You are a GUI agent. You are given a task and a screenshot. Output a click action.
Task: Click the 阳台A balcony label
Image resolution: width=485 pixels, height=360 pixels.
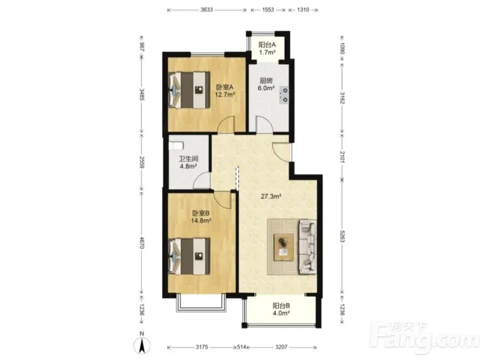(x=267, y=45)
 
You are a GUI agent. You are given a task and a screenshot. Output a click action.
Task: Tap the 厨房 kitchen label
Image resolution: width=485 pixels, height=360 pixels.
(x=266, y=81)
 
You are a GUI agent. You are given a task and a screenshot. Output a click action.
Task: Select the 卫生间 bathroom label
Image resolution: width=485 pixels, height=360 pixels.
(x=189, y=159)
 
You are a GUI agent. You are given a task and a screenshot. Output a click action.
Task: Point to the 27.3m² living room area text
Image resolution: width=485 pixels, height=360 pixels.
(x=271, y=196)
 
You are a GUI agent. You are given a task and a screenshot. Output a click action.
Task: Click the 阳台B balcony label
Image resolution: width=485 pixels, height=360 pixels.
(x=281, y=305)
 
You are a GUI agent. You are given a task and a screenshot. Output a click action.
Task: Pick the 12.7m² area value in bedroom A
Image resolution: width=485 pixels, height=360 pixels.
(x=225, y=95)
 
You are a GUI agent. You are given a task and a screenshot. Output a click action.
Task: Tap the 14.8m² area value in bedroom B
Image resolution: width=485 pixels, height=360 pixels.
(x=201, y=221)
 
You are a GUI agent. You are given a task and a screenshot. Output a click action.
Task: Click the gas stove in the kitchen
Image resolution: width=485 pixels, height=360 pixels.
(x=284, y=95)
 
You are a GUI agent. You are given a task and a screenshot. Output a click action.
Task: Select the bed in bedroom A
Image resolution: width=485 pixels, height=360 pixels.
(x=189, y=90)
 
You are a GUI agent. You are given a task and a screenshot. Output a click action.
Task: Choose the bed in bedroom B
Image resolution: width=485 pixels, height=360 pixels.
(x=189, y=256)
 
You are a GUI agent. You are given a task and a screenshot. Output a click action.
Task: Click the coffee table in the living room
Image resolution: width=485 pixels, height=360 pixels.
(x=284, y=247)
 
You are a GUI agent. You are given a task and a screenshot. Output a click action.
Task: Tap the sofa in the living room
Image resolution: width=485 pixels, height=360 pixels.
(x=307, y=247)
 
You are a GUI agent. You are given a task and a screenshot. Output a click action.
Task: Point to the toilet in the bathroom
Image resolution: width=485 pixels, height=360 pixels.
(x=176, y=145)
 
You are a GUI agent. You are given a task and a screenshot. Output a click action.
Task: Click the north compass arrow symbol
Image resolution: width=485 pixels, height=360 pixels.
(x=142, y=345)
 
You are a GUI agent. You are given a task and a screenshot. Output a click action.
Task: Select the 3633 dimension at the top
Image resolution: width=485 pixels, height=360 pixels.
(x=207, y=10)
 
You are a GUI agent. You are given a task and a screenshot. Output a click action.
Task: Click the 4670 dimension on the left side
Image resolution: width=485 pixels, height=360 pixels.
(x=142, y=242)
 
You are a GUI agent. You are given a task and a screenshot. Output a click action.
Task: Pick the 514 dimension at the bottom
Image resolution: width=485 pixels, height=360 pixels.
(x=241, y=347)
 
